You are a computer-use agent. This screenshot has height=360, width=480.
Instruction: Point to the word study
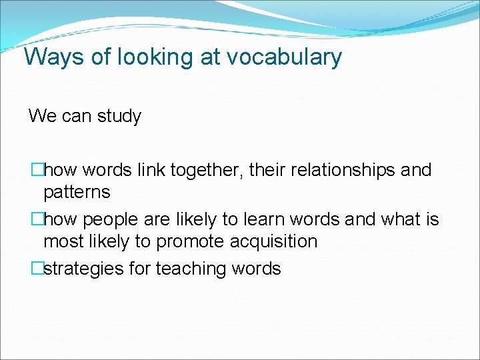(x=119, y=116)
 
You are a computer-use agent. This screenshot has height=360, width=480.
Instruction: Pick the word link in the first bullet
(x=151, y=170)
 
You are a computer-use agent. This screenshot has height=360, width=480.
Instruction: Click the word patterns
(x=77, y=193)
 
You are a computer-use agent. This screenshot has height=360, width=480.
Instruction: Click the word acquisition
(x=271, y=241)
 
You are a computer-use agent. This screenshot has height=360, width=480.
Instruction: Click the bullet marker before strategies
(x=37, y=269)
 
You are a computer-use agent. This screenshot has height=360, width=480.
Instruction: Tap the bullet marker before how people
(x=37, y=219)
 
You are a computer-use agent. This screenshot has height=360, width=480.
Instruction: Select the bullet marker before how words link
(x=37, y=170)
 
